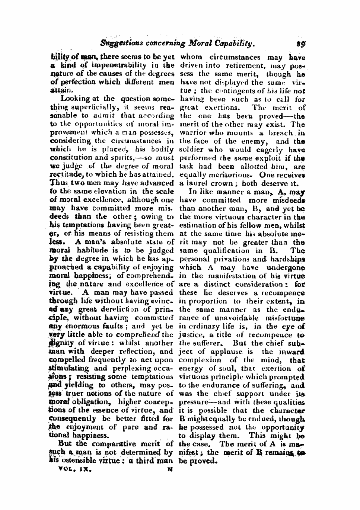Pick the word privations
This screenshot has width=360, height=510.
tap(236, 259)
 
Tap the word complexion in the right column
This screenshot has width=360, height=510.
tap(200, 360)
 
